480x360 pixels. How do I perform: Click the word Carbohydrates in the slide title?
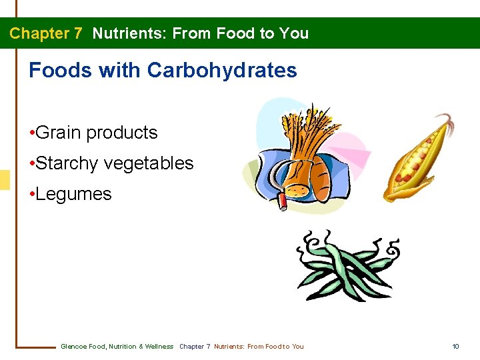[x=222, y=70]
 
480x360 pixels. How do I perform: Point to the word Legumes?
[x=74, y=194]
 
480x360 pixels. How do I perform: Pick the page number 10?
[x=455, y=347]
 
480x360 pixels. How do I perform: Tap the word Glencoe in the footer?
[x=73, y=347]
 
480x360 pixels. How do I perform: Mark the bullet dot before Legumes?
[x=32, y=194]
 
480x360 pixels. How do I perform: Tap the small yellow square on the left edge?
[x=5, y=179]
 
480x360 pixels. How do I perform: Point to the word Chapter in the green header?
[x=40, y=33]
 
